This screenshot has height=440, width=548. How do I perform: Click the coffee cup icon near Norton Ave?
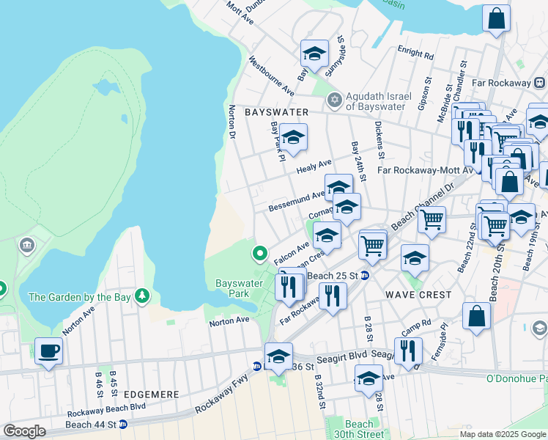coord(48,351)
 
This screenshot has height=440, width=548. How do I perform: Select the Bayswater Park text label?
coord(238,288)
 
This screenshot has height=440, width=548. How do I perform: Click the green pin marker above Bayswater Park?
coord(259,254)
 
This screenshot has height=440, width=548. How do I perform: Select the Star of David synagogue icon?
coord(335,99)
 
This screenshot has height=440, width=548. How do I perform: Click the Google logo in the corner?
coord(24,431)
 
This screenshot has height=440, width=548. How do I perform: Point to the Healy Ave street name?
coord(314,167)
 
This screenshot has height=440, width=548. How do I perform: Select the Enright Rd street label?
coord(415,54)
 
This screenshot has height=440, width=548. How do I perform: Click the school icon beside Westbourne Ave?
coord(314,54)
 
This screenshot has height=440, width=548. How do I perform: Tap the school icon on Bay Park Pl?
coord(292,137)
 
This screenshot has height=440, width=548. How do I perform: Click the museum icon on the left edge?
coord(28,244)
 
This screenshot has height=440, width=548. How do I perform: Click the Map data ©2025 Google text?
coord(502,434)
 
